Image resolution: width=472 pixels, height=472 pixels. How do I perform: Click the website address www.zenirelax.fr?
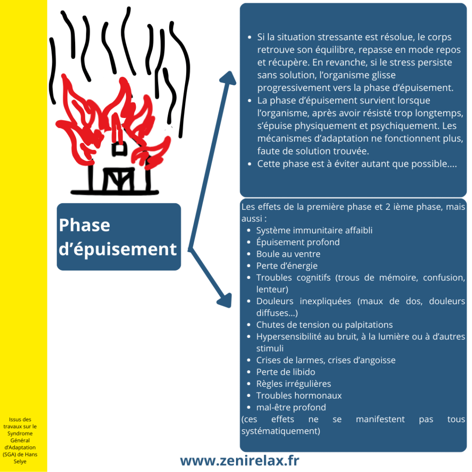tap(240, 460)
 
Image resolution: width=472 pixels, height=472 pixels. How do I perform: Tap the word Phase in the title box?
tap(85, 225)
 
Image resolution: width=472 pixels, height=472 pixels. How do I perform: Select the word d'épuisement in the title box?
tap(118, 249)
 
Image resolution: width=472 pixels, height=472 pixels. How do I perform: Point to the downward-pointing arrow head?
tap(225, 301)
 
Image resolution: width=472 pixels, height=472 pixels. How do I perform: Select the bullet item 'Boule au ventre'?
tap(288, 254)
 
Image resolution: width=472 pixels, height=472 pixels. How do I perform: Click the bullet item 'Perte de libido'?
tap(286, 372)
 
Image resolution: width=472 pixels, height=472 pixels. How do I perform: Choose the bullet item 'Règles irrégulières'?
tap(294, 384)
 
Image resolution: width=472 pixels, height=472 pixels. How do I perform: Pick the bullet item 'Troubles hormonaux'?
tap(299, 395)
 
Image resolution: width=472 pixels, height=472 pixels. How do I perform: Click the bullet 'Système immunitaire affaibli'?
tap(314, 230)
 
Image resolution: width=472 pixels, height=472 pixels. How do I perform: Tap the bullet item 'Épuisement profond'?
tap(298, 242)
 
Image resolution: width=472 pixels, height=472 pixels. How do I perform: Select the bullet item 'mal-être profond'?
tap(291, 407)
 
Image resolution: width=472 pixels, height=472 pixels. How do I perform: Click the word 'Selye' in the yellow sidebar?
tap(20, 461)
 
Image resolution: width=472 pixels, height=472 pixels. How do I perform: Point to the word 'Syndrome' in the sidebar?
tap(20, 433)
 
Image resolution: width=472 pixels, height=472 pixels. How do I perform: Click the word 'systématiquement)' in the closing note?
tap(281, 431)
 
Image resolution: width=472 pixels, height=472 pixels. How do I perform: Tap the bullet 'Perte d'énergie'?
tap(287, 266)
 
